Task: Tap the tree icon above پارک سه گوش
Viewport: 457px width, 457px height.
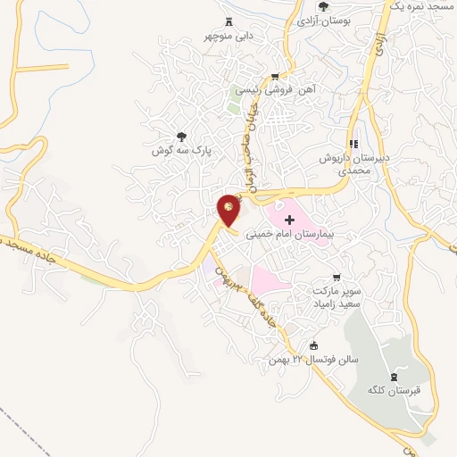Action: pos(182,137)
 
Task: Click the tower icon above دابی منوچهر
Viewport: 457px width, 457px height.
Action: pos(228,22)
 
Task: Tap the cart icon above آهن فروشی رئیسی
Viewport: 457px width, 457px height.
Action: pos(275,76)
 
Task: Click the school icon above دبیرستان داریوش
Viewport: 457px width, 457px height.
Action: pos(353,144)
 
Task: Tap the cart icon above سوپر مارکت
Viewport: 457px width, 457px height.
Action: pos(337,278)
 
